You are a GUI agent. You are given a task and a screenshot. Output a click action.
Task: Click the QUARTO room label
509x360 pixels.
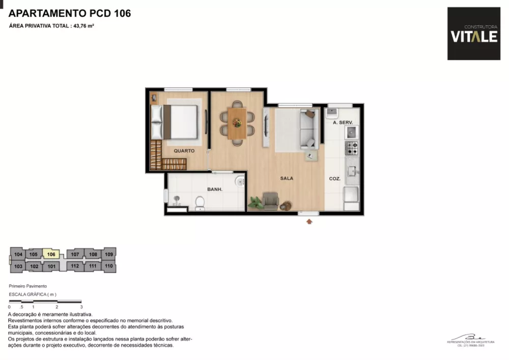pos(184,151)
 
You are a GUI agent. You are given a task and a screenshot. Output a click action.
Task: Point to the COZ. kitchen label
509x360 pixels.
pos(334,179)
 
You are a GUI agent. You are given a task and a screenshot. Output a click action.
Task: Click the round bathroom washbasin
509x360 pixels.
pos(239,181)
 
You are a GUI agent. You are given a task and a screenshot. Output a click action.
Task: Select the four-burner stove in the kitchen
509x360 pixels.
pos(352,148)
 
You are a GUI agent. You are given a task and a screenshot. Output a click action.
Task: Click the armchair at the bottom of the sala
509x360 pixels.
pos(270,201)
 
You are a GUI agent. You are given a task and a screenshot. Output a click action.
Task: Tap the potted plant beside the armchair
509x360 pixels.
pos(255,203)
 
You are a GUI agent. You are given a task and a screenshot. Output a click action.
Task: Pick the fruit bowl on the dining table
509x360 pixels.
pos(237,122)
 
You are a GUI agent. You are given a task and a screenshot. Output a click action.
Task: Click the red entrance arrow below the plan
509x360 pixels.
pos(309,221)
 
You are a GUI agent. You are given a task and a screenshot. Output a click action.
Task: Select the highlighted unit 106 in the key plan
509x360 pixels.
pos(51,254)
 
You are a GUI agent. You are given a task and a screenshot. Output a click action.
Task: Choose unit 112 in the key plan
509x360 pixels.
pos(75,266)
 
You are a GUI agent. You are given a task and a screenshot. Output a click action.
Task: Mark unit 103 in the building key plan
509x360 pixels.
pos(18,266)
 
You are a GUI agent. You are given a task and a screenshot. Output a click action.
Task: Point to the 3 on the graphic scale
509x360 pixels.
pos(81,307)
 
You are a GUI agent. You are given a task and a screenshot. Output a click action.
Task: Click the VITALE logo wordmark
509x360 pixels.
pos(473,37)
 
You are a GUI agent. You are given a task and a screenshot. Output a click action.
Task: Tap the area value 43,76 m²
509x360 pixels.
pos(83,25)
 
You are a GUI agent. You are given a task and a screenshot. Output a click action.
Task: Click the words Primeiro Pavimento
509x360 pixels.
pos(28,287)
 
